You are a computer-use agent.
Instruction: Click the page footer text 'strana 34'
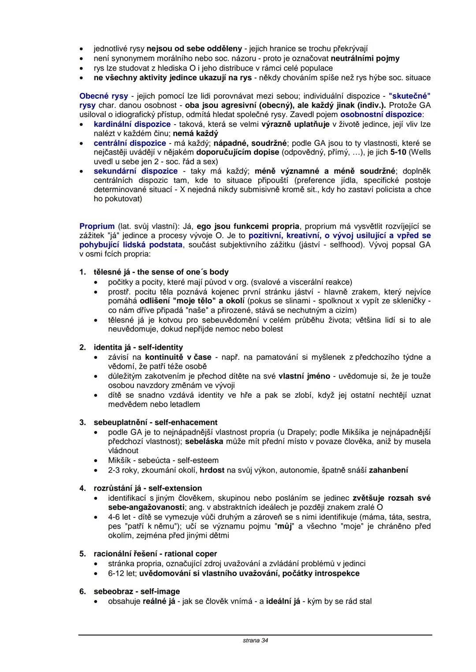[x=255, y=640]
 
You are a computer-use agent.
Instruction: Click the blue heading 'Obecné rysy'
[x=104, y=96]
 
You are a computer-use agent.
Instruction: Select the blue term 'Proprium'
[x=97, y=226]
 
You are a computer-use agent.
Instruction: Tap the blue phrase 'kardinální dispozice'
[x=132, y=124]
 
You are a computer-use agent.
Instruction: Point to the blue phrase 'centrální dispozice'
[x=130, y=143]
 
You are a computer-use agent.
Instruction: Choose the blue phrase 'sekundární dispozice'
[x=136, y=171]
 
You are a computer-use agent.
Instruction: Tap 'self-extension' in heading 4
[x=175, y=488]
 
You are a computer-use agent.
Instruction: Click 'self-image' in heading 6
[x=160, y=591]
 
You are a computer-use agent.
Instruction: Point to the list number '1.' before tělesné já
[x=83, y=272]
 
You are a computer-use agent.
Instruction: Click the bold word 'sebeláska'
[x=204, y=441]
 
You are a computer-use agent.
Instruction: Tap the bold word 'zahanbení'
[x=388, y=470]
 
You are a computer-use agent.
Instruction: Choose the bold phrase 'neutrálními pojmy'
[x=365, y=59]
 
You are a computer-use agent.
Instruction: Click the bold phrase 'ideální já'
[x=284, y=601]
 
